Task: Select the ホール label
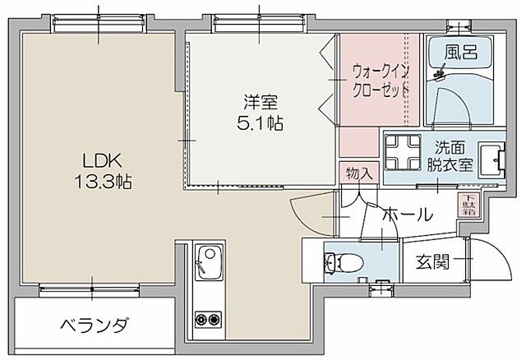point(406,215)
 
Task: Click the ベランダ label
point(94,325)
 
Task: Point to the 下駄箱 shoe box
point(467,201)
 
